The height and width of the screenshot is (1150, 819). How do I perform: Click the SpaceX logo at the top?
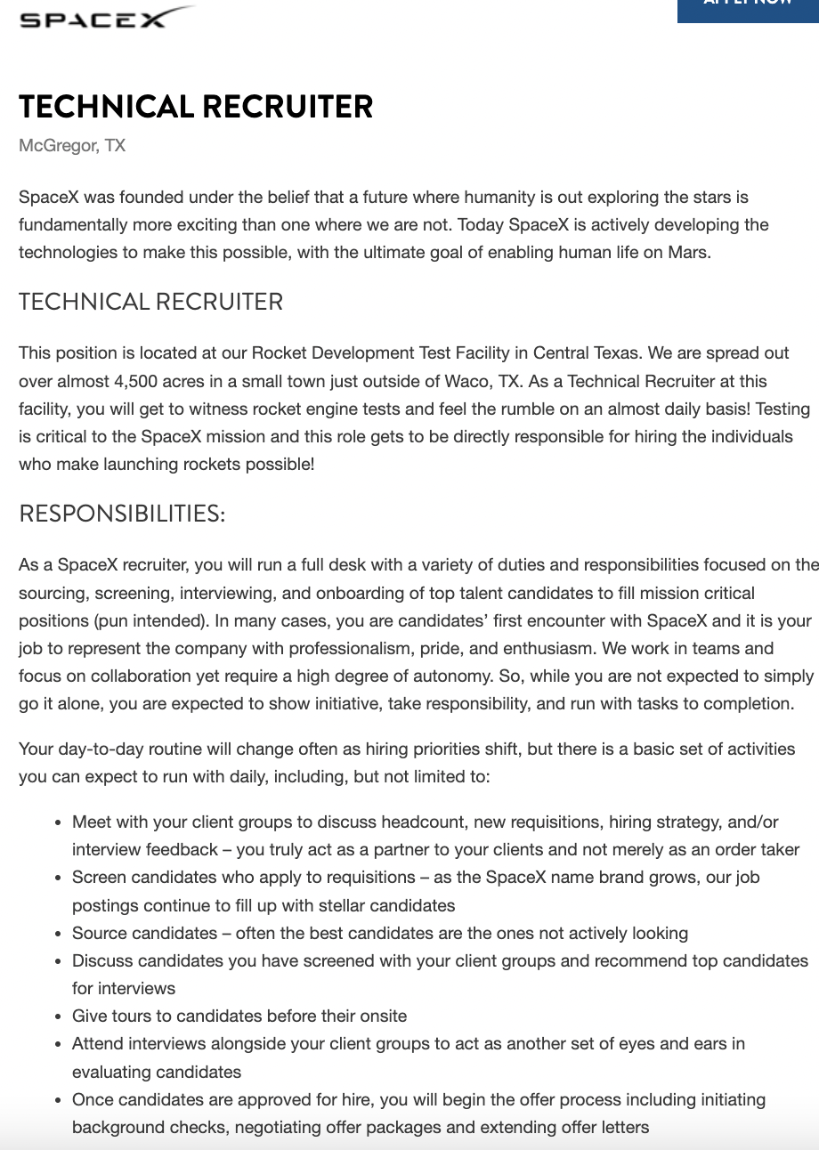point(105,18)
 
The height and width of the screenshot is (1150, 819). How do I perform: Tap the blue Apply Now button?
point(748,7)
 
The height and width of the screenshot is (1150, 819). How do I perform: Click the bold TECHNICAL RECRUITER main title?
point(196,107)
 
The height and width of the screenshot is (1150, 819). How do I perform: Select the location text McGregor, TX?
point(72,145)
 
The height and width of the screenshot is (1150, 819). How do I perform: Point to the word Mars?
point(689,252)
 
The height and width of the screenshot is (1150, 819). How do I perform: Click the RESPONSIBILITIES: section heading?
point(122,514)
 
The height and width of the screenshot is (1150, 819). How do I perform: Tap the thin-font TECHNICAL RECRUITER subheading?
point(150,302)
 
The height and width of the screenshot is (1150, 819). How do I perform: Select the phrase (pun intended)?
point(156,620)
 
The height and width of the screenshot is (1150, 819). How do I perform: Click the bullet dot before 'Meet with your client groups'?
point(58,822)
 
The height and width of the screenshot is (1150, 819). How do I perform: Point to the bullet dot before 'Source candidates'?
point(58,933)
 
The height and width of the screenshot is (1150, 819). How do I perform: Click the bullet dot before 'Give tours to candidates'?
point(58,1016)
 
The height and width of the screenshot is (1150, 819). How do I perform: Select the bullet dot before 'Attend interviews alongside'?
point(58,1043)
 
